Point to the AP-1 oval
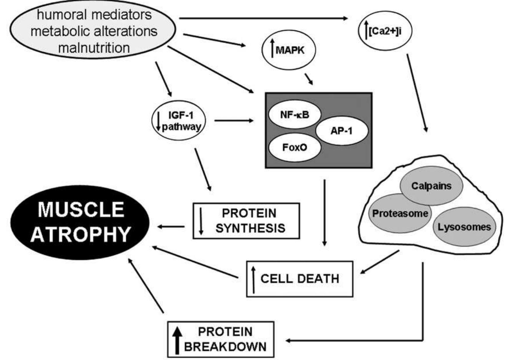[341, 130]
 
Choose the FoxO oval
[295, 147]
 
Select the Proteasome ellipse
[400, 213]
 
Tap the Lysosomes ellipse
[464, 226]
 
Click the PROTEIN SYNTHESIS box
[246, 221]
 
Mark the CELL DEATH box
[299, 279]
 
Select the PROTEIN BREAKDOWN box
[221, 339]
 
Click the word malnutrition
[94, 48]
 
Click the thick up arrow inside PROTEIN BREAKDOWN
[177, 340]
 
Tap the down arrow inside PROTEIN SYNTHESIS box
[201, 221]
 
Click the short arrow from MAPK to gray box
[309, 79]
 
